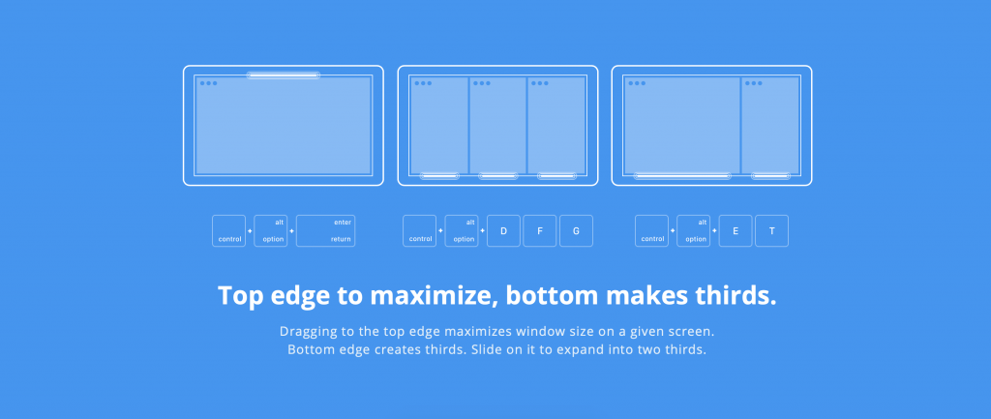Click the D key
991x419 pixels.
(503, 230)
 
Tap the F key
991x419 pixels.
(540, 230)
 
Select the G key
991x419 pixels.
(577, 230)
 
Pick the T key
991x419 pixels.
(771, 230)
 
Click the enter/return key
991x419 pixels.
(325, 230)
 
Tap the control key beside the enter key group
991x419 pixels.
(228, 230)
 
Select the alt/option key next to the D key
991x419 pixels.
(462, 230)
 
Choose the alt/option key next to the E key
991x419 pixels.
(694, 230)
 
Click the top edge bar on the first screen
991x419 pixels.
(284, 75)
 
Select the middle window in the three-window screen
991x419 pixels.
(498, 125)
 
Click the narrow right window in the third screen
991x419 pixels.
(770, 125)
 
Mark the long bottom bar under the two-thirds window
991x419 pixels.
(682, 176)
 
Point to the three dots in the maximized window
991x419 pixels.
(209, 83)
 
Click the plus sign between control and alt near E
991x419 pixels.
(673, 230)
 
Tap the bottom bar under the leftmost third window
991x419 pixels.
(439, 176)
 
